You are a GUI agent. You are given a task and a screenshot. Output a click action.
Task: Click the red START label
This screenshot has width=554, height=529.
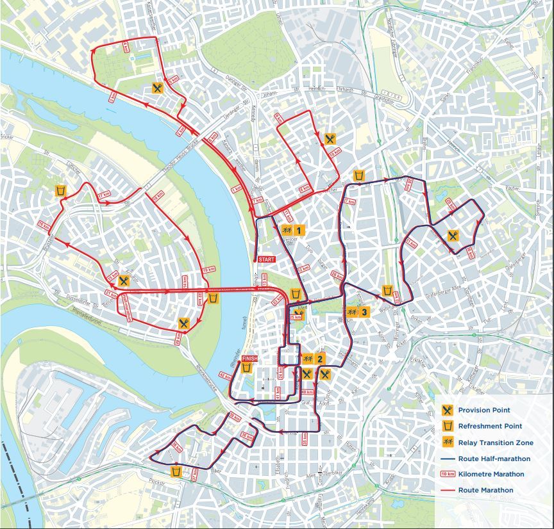coord(266,259)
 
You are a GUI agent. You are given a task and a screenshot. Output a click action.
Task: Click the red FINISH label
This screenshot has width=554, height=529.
coord(249,360)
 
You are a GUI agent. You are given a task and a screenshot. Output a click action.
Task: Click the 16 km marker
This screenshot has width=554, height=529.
coord(44,225)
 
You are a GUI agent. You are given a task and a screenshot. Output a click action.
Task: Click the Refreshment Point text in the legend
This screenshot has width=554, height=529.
coord(489,426)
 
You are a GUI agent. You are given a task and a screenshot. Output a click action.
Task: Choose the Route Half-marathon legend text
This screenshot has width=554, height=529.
coord(494,459)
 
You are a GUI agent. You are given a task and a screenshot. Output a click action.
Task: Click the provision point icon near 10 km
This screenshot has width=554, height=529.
coord(330,138)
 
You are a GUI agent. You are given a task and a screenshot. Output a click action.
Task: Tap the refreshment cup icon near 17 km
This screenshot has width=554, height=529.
coord(61,191)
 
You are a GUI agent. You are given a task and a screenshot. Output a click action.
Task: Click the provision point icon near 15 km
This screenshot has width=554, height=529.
coord(124,281)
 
